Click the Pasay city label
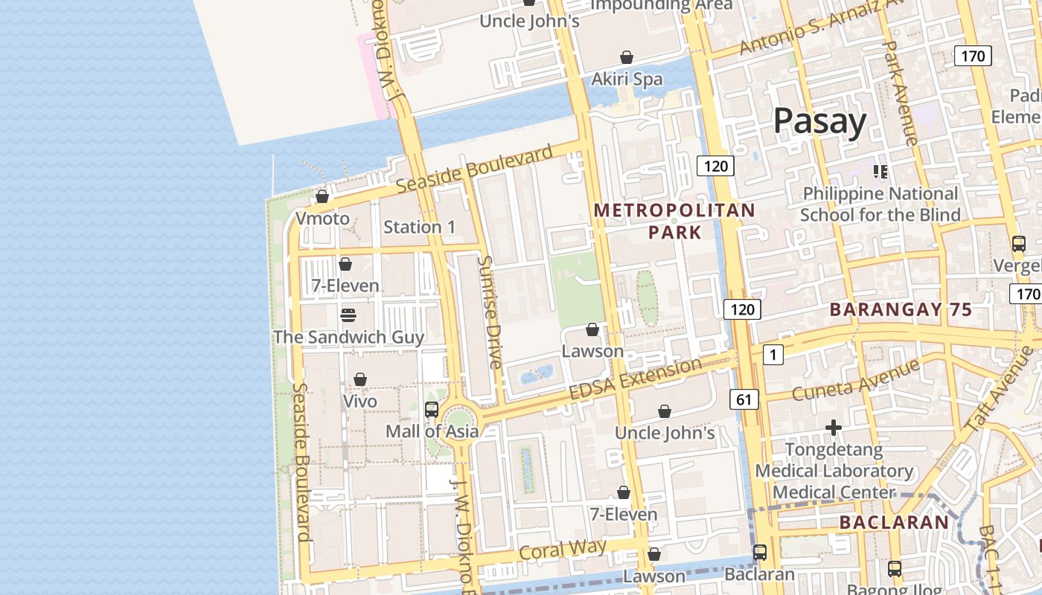click(819, 120)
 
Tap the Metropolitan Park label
click(674, 222)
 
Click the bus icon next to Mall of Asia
click(432, 409)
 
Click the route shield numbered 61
click(744, 399)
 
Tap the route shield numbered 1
click(773, 355)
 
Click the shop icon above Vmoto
click(322, 196)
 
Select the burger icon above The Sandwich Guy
click(348, 315)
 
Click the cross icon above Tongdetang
click(834, 428)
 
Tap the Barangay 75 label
click(901, 309)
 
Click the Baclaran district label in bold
click(894, 523)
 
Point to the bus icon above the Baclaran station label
click(760, 553)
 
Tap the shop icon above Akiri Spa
click(627, 57)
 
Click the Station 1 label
click(419, 227)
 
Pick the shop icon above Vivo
click(360, 379)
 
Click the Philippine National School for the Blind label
click(880, 205)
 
